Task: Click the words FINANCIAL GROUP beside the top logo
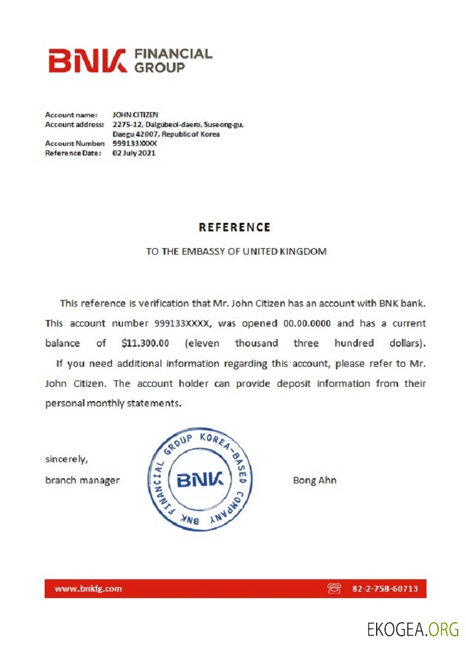pos(172,60)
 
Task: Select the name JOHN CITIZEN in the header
pos(135,115)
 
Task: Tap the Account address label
pos(74,124)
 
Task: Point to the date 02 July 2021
pos(134,153)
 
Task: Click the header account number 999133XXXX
pos(135,143)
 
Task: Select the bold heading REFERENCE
pos(234,227)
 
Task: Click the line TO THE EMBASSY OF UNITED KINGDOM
pos(236,251)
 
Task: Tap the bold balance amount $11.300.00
pos(145,343)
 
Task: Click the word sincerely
pos(67,459)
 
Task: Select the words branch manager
pos(82,480)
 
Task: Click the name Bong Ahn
pos(315,480)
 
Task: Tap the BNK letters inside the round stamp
pos(200,480)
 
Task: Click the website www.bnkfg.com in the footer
pos(88,588)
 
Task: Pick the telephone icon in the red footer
pos(334,588)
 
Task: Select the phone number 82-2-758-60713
pos(385,588)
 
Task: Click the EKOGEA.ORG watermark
pos(412,629)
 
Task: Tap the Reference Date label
pos(73,153)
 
